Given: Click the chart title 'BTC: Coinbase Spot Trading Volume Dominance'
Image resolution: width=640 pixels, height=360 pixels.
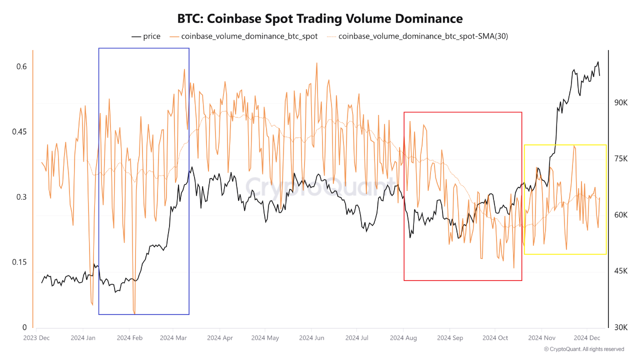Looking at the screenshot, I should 320,18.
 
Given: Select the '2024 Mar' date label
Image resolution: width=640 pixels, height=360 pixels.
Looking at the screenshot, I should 173,338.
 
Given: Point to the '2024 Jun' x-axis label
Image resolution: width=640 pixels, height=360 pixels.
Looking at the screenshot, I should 311,338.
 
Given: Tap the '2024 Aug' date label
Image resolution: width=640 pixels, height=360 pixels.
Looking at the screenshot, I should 404,338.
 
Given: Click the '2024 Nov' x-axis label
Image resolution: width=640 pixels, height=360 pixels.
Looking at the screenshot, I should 542,338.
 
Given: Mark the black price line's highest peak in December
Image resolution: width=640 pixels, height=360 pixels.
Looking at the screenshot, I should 597,62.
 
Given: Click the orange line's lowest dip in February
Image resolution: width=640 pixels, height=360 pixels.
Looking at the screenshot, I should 134,313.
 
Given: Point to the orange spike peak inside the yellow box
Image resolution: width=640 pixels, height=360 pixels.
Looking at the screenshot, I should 574,145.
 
